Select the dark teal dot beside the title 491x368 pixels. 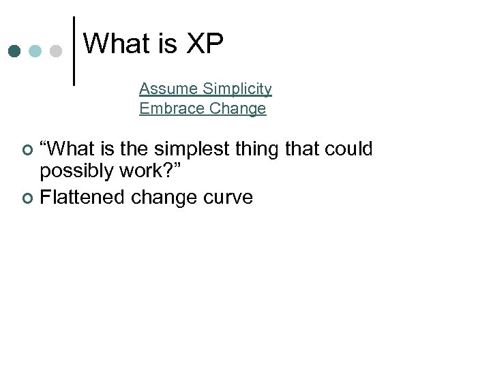pos(15,51)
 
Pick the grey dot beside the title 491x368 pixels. pos(57,51)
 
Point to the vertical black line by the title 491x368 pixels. pos(74,50)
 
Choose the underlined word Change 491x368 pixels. pos(238,109)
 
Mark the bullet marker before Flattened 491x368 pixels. pos(27,198)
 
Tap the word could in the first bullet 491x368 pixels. pos(348,149)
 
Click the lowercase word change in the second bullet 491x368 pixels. pos(164,198)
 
